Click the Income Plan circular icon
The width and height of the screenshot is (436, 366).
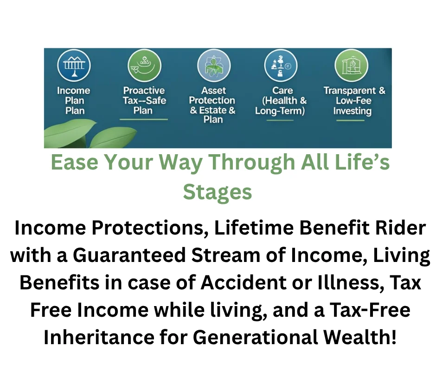(x=74, y=66)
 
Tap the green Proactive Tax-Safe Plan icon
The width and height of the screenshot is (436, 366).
(x=144, y=66)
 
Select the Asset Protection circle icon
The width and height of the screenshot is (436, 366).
(x=214, y=66)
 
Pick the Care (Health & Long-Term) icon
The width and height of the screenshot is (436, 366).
(x=281, y=66)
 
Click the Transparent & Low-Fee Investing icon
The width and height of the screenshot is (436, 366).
(x=352, y=66)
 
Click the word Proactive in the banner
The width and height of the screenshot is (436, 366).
(x=144, y=91)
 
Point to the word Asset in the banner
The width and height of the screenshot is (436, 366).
(x=213, y=91)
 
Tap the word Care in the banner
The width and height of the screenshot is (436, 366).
(x=282, y=91)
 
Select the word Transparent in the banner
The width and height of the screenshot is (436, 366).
(x=350, y=91)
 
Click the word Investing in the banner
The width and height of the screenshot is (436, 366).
(x=353, y=111)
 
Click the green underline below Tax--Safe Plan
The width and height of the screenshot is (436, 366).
(x=144, y=119)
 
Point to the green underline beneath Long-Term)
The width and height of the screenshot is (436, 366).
(x=280, y=120)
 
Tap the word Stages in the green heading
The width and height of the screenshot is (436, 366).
(x=218, y=192)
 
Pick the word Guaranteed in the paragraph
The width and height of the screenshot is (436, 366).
(x=129, y=255)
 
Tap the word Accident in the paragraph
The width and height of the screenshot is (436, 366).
(x=244, y=282)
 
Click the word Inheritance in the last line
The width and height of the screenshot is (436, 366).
(x=99, y=337)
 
